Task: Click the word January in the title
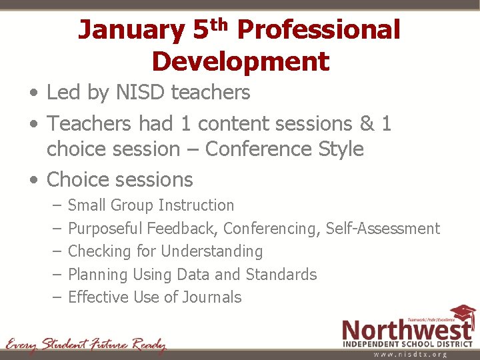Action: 131,31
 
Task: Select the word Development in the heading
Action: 240,62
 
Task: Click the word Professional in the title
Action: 319,31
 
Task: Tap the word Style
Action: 339,149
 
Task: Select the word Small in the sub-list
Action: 87,205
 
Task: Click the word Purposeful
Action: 105,229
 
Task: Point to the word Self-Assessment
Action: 383,229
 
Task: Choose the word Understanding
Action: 211,251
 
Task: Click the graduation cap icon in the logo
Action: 463,314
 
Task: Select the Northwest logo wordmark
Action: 407,330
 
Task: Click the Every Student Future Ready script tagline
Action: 85,345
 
